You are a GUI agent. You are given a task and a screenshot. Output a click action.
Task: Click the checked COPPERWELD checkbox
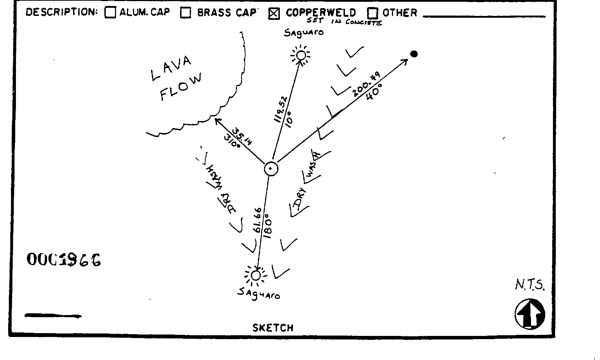tap(274, 13)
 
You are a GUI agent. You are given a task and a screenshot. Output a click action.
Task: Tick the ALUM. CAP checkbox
tap(110, 13)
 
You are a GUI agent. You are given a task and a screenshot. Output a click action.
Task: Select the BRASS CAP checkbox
tap(186, 13)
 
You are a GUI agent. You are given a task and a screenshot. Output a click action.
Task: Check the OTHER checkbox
tap(373, 13)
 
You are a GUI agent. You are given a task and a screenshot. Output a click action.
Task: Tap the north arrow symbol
tap(530, 314)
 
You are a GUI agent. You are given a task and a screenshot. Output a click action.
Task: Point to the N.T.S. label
tap(530, 285)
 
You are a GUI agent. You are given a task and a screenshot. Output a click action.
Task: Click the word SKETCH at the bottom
tap(273, 328)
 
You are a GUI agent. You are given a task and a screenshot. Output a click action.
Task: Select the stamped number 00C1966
tap(64, 260)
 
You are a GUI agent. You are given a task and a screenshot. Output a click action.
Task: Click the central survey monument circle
tap(271, 169)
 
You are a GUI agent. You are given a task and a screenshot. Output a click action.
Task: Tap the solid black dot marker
tap(414, 54)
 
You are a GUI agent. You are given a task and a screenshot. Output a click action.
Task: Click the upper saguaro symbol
tap(301, 55)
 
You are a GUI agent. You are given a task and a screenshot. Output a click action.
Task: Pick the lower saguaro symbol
tap(255, 275)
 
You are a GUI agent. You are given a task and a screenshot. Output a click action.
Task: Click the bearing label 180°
tap(268, 226)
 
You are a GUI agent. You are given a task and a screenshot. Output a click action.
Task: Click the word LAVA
tap(172, 68)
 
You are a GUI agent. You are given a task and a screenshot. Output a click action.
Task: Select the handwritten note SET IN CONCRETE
tap(344, 22)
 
